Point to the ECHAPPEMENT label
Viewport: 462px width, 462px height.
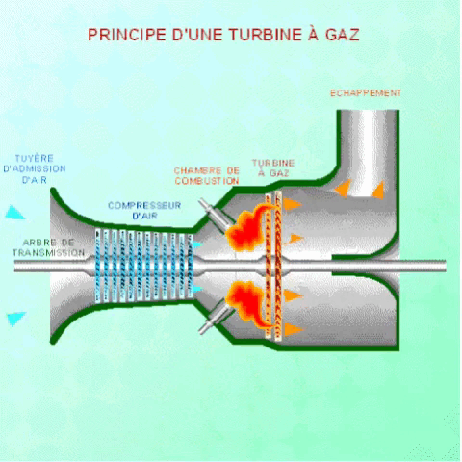tap(366, 93)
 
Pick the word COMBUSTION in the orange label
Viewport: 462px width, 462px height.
tap(207, 180)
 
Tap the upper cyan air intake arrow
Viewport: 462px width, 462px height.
tap(16, 212)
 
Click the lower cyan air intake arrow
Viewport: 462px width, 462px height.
tap(16, 318)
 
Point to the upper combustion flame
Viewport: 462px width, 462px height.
tap(246, 222)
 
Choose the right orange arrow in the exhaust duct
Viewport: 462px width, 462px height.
tap(378, 190)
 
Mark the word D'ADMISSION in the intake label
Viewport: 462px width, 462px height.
tap(35, 167)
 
